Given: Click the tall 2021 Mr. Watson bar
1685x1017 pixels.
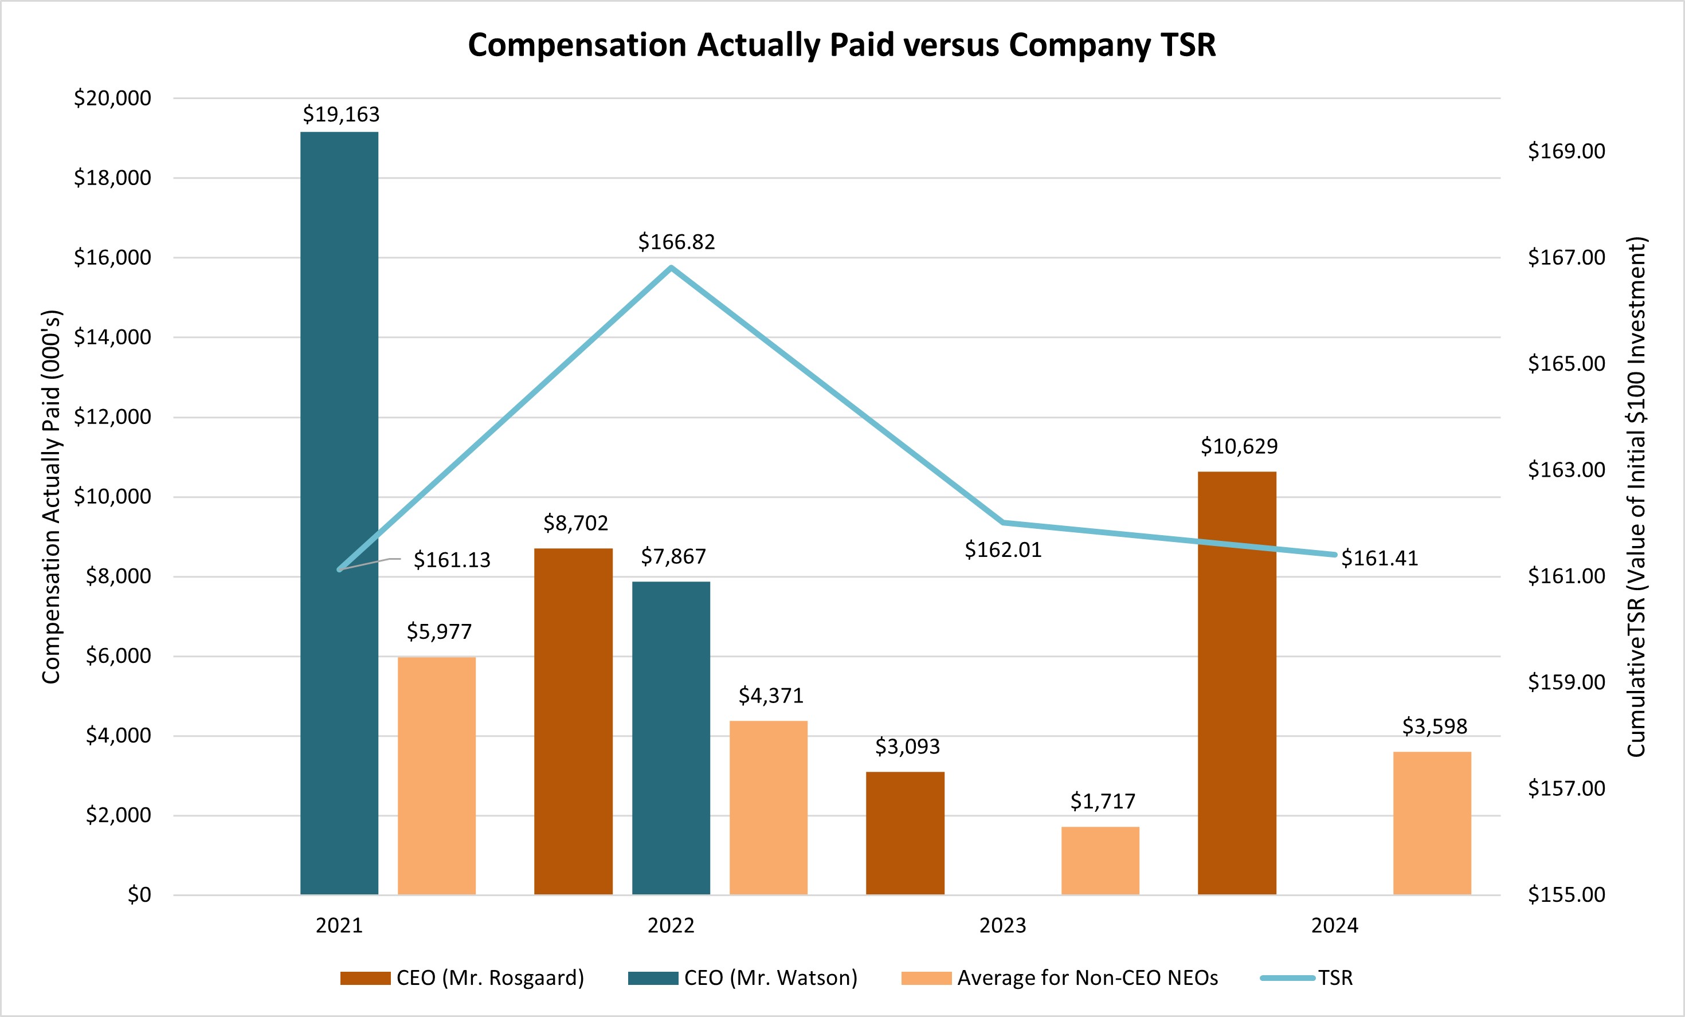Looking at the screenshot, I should click(x=339, y=513).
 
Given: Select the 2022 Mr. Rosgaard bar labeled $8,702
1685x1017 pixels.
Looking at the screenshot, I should click(x=573, y=721).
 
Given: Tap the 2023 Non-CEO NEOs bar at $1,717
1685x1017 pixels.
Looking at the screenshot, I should click(x=1100, y=861).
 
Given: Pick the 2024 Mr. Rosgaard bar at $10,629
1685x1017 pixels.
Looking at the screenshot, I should click(x=1236, y=683).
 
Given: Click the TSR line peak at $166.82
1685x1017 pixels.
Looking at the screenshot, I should click(x=672, y=268).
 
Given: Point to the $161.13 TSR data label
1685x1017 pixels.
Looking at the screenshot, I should click(x=452, y=560).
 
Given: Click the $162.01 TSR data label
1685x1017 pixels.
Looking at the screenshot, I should click(x=1002, y=550).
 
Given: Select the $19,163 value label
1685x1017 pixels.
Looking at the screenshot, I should click(x=340, y=114).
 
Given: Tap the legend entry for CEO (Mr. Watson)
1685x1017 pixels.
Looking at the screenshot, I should click(x=743, y=978).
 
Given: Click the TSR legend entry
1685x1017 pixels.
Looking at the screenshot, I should click(x=1307, y=978).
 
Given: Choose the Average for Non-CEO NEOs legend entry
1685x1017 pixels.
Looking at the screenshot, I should click(x=1060, y=978).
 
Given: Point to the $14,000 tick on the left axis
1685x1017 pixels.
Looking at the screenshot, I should click(x=113, y=337).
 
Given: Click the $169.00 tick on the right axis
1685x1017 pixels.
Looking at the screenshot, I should click(x=1566, y=151).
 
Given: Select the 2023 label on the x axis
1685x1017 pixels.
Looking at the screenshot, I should click(x=1002, y=925).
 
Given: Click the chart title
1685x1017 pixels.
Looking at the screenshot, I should click(x=842, y=45).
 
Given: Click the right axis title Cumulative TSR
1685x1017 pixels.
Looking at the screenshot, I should click(x=1636, y=497).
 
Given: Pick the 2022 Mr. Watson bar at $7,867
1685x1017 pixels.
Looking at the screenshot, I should click(x=671, y=738).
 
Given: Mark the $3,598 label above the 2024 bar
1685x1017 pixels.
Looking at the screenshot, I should click(x=1434, y=727).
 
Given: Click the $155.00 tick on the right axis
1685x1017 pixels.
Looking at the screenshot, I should click(x=1566, y=894).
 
